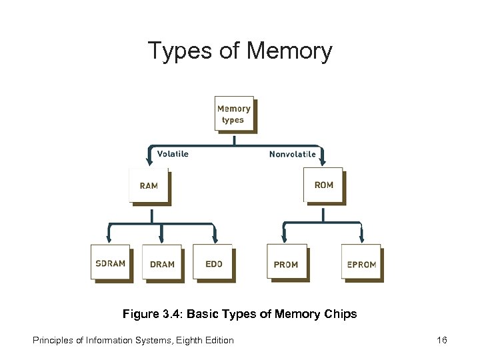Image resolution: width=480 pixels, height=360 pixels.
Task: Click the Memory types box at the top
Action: click(234, 113)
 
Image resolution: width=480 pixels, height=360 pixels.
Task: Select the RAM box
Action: click(149, 185)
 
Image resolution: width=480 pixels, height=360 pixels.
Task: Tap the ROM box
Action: click(323, 184)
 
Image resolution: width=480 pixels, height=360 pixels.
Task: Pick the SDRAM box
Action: click(110, 263)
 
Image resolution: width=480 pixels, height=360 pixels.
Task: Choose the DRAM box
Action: click(162, 263)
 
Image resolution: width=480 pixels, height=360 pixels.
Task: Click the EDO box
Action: click(213, 263)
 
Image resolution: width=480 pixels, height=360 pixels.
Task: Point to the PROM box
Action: click(286, 263)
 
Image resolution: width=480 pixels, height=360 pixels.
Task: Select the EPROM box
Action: click(361, 263)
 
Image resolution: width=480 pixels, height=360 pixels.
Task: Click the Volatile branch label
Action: click(173, 154)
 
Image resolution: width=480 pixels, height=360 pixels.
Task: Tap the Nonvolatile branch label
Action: click(292, 154)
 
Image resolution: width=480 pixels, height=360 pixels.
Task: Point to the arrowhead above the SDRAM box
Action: click(109, 238)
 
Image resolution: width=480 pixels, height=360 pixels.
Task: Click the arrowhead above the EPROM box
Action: click(362, 238)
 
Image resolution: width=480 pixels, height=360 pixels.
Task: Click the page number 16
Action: click(441, 340)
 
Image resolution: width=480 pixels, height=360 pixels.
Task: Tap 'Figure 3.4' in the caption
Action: click(147, 313)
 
